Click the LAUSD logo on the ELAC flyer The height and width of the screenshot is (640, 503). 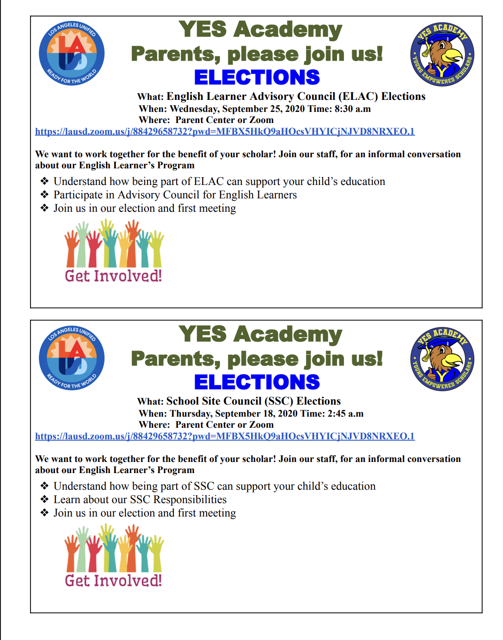click(x=72, y=53)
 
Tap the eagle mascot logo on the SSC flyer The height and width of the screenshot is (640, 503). click(x=442, y=359)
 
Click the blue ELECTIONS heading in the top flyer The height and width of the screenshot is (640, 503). click(x=257, y=77)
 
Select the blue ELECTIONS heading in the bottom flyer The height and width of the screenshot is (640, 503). click(x=257, y=382)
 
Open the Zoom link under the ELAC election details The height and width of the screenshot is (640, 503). click(x=225, y=131)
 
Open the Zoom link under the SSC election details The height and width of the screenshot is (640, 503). click(x=225, y=436)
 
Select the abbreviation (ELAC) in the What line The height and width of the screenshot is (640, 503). click(x=358, y=96)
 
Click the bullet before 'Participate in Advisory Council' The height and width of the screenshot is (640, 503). click(x=44, y=195)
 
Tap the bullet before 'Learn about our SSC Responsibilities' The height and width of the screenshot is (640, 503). click(x=44, y=499)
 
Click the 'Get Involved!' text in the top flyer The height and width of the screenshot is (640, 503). click(x=113, y=276)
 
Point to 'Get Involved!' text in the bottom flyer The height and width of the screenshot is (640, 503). click(x=113, y=580)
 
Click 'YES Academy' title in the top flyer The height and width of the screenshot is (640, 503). click(x=260, y=29)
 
